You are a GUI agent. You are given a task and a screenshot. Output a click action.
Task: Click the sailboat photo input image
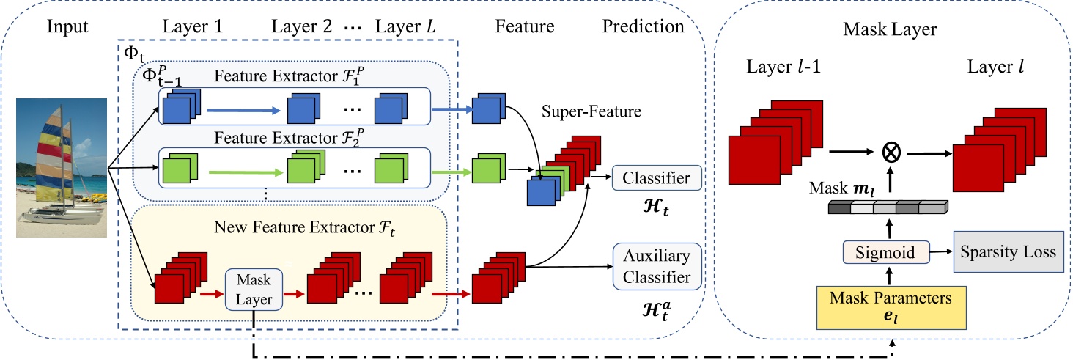point(62,169)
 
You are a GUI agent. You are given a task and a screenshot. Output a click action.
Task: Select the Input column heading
point(67,27)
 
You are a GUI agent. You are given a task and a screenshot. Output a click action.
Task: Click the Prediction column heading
point(643,27)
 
